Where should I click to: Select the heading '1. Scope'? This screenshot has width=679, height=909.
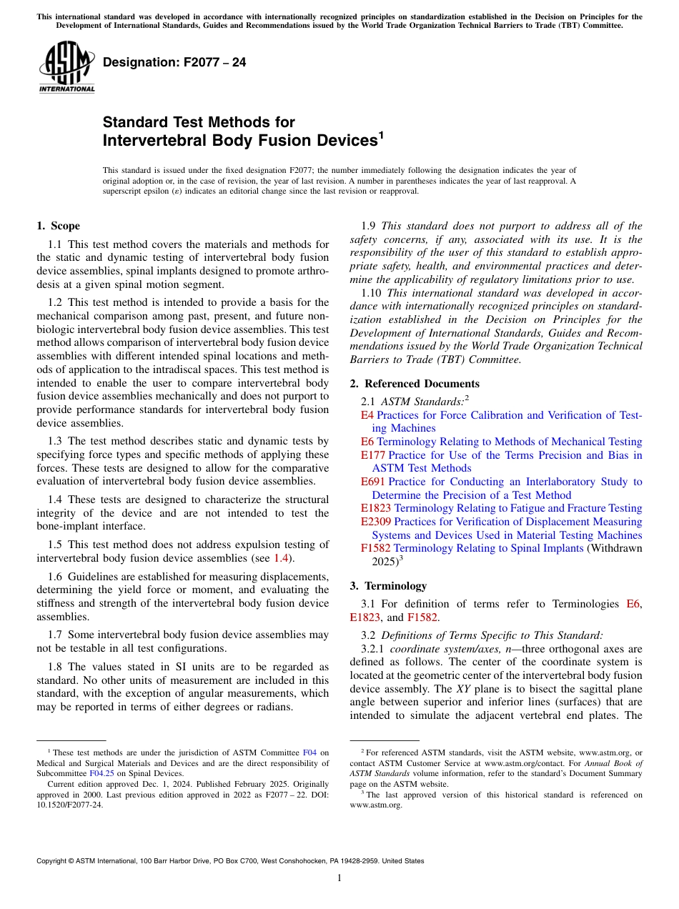pyautogui.click(x=59, y=226)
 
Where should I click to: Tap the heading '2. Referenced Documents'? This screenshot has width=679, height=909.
pyautogui.click(x=415, y=384)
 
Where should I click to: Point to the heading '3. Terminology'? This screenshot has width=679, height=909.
pyautogui.click(x=388, y=586)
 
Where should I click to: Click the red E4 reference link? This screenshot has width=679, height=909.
pyautogui.click(x=367, y=415)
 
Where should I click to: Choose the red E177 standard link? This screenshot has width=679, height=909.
pyautogui.click(x=373, y=455)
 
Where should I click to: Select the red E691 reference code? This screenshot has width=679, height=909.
pyautogui.click(x=373, y=482)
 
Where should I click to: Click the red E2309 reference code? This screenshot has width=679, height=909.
pyautogui.click(x=376, y=522)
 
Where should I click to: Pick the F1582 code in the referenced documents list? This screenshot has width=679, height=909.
pyautogui.click(x=376, y=548)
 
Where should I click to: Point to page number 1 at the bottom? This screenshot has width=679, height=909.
pyautogui.click(x=339, y=878)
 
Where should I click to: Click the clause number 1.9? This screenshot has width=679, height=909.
pyautogui.click(x=368, y=226)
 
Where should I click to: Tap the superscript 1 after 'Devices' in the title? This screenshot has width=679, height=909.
pyautogui.click(x=381, y=134)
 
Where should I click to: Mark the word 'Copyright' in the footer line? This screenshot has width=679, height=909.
pyautogui.click(x=54, y=861)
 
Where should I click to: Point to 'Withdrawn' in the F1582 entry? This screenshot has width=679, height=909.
pyautogui.click(x=615, y=548)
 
